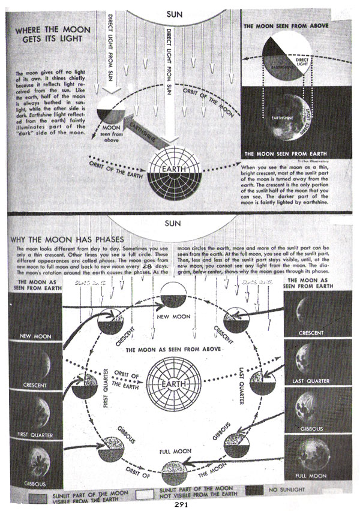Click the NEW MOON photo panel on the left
tap(33, 315)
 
